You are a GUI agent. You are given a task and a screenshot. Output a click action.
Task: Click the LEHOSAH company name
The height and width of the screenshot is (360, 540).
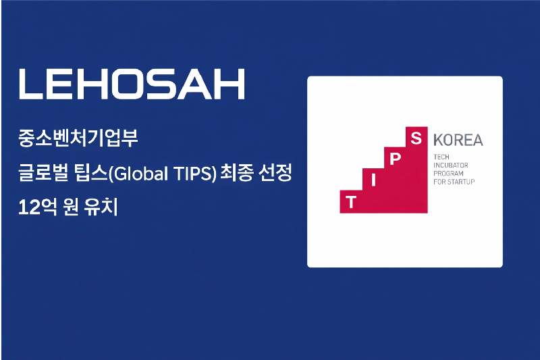point(132,84)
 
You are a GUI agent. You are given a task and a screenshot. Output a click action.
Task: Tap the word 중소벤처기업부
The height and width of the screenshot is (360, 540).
point(79,140)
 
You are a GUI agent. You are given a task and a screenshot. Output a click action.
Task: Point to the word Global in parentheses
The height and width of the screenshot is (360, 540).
point(136,174)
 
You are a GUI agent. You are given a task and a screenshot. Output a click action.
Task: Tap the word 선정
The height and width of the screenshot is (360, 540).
point(275,174)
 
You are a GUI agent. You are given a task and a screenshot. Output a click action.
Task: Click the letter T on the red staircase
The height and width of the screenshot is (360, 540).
point(350,201)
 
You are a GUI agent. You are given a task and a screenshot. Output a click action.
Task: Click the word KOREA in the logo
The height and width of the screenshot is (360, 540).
point(458,140)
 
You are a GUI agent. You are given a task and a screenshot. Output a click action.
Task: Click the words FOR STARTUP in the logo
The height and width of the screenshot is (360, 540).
point(454,182)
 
